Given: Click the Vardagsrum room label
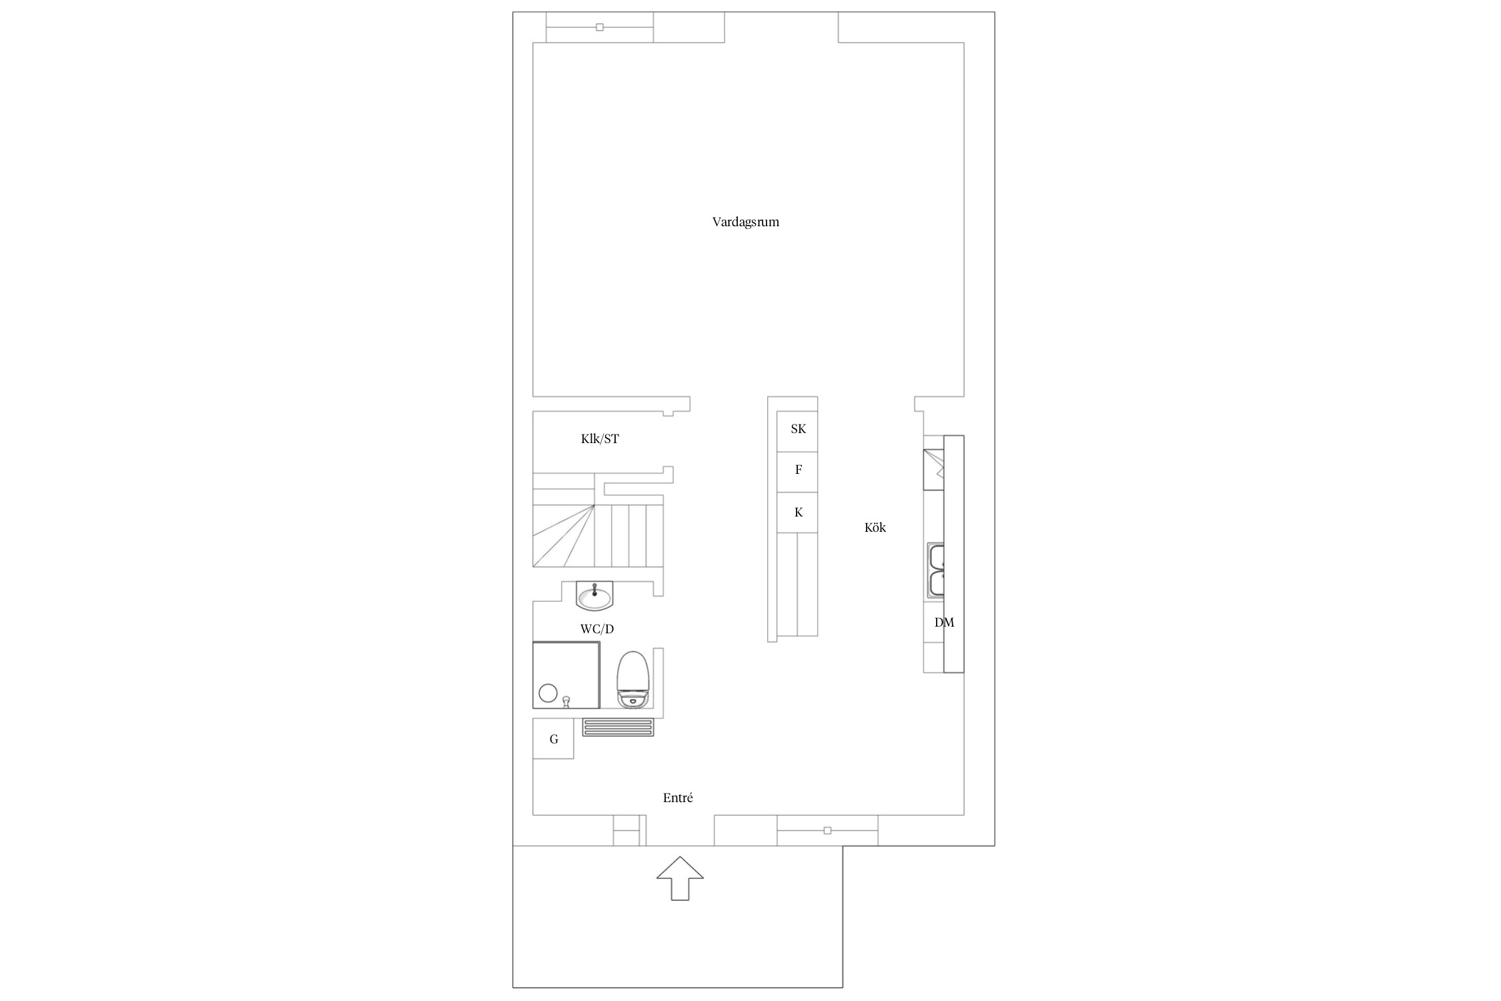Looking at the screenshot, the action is tap(745, 222).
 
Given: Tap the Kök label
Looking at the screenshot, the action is tap(875, 527).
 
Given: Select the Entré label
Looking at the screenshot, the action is tap(678, 797).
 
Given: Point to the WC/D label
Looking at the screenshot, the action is tap(597, 629).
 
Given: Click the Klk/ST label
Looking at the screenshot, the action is tap(600, 439).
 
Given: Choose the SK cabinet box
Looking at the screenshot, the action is tap(797, 432).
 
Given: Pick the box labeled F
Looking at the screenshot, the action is tap(797, 472).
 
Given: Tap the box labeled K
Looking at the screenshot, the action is tap(797, 513).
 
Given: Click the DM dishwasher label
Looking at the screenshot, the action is tap(944, 623).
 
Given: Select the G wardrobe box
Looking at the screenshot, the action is tap(553, 738).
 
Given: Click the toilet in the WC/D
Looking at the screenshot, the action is tap(633, 679).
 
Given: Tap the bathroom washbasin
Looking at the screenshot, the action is tap(594, 596).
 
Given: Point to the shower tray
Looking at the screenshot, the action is tap(566, 675).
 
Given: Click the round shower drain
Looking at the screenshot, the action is tap(548, 693).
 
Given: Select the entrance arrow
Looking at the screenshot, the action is tap(680, 878).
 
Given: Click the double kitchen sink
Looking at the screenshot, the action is tap(936, 570).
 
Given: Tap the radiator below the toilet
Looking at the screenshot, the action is tap(618, 727).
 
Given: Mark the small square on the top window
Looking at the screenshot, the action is tap(600, 27).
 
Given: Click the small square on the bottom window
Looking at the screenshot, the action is tap(827, 831).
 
